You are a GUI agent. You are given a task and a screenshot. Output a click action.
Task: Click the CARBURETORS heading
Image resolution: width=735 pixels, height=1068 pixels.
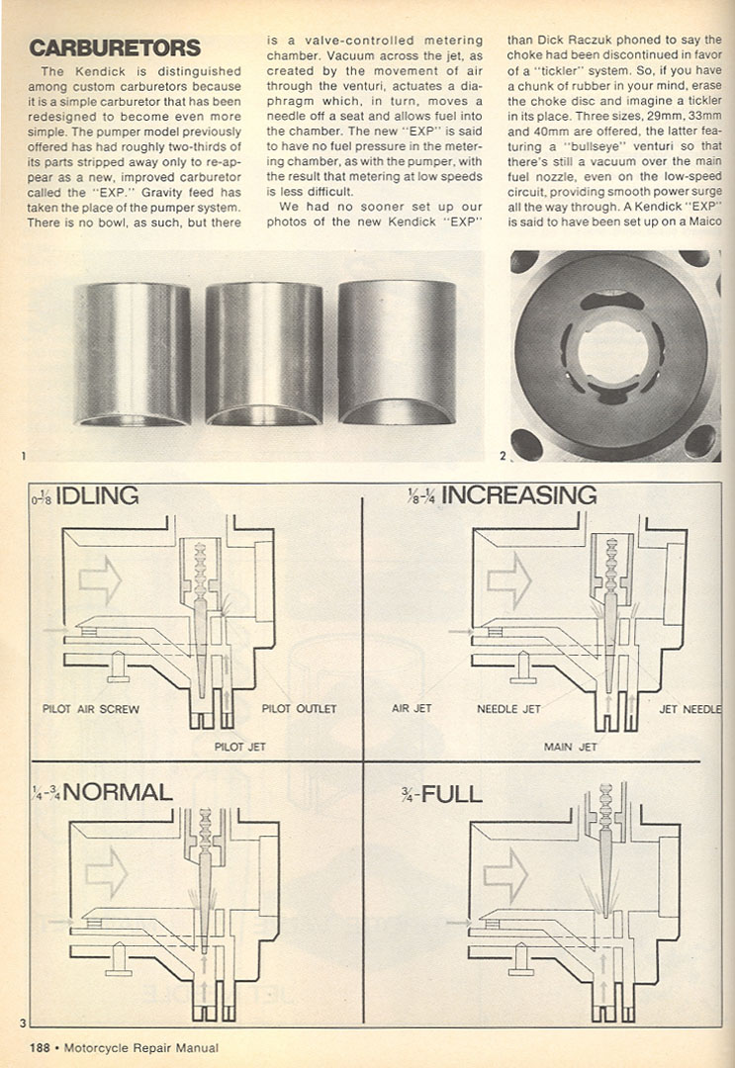click(115, 47)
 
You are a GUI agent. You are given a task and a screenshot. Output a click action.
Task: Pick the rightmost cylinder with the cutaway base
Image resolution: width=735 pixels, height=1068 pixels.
click(396, 351)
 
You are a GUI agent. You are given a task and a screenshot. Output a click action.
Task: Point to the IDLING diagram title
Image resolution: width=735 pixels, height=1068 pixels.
click(97, 495)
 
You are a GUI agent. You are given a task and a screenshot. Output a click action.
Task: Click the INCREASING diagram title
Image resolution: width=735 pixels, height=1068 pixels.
click(518, 494)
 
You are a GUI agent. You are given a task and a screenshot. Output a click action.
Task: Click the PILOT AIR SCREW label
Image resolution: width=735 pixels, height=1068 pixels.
click(91, 709)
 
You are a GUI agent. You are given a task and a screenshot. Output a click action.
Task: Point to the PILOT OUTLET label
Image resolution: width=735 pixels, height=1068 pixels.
click(299, 709)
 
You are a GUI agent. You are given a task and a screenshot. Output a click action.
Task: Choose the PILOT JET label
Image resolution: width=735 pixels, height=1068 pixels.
click(241, 747)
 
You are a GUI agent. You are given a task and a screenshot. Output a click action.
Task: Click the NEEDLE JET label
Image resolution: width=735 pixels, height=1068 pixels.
click(508, 709)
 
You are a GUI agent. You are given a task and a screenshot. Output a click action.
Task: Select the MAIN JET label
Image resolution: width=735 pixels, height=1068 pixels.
click(571, 747)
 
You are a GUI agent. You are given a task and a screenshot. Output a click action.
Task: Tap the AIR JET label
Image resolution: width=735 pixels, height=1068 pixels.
click(412, 709)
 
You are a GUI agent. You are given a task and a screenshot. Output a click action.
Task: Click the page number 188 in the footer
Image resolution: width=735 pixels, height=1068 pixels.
click(40, 1048)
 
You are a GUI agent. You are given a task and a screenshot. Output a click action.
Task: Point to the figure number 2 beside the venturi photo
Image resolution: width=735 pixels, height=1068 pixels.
click(503, 456)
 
